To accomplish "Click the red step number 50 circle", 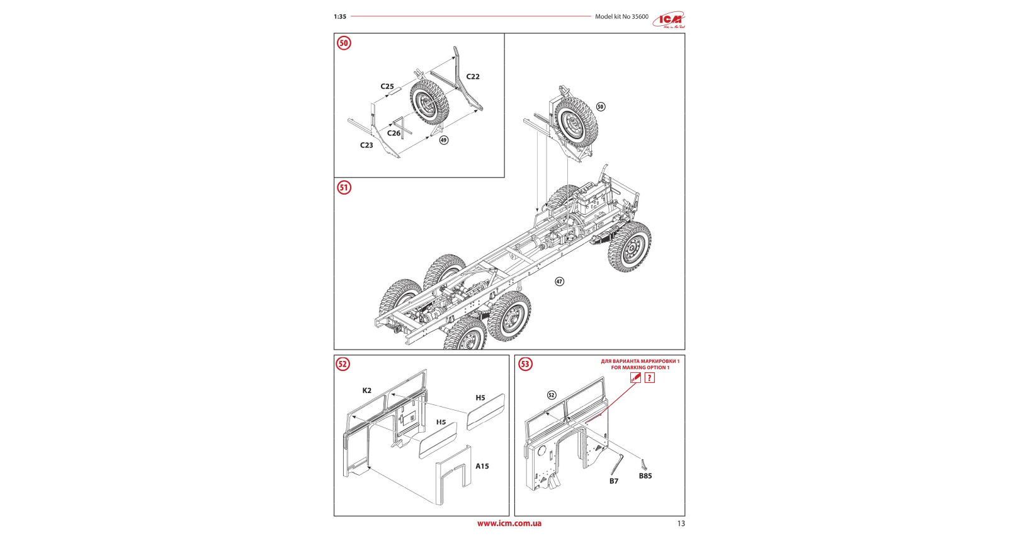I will click(344, 43).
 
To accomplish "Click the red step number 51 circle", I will click(344, 188).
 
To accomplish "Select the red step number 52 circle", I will click(343, 364).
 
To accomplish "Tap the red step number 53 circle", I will click(525, 364).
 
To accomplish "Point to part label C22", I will click(473, 77).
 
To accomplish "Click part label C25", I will click(387, 87).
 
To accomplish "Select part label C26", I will click(394, 134).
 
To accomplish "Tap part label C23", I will click(366, 145).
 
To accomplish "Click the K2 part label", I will click(367, 391).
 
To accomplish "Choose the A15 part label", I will click(482, 466).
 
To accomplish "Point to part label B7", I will click(614, 481).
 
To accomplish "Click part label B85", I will click(645, 476).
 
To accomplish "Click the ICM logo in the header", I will click(668, 20).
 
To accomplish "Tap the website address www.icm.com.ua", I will click(509, 523).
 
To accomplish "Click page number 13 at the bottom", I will click(681, 523).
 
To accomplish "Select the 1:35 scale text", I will click(340, 17).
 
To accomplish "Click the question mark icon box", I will click(650, 378).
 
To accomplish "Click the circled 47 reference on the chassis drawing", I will click(559, 282).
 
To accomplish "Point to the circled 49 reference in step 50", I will click(444, 140).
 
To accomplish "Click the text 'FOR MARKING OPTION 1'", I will click(640, 368).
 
